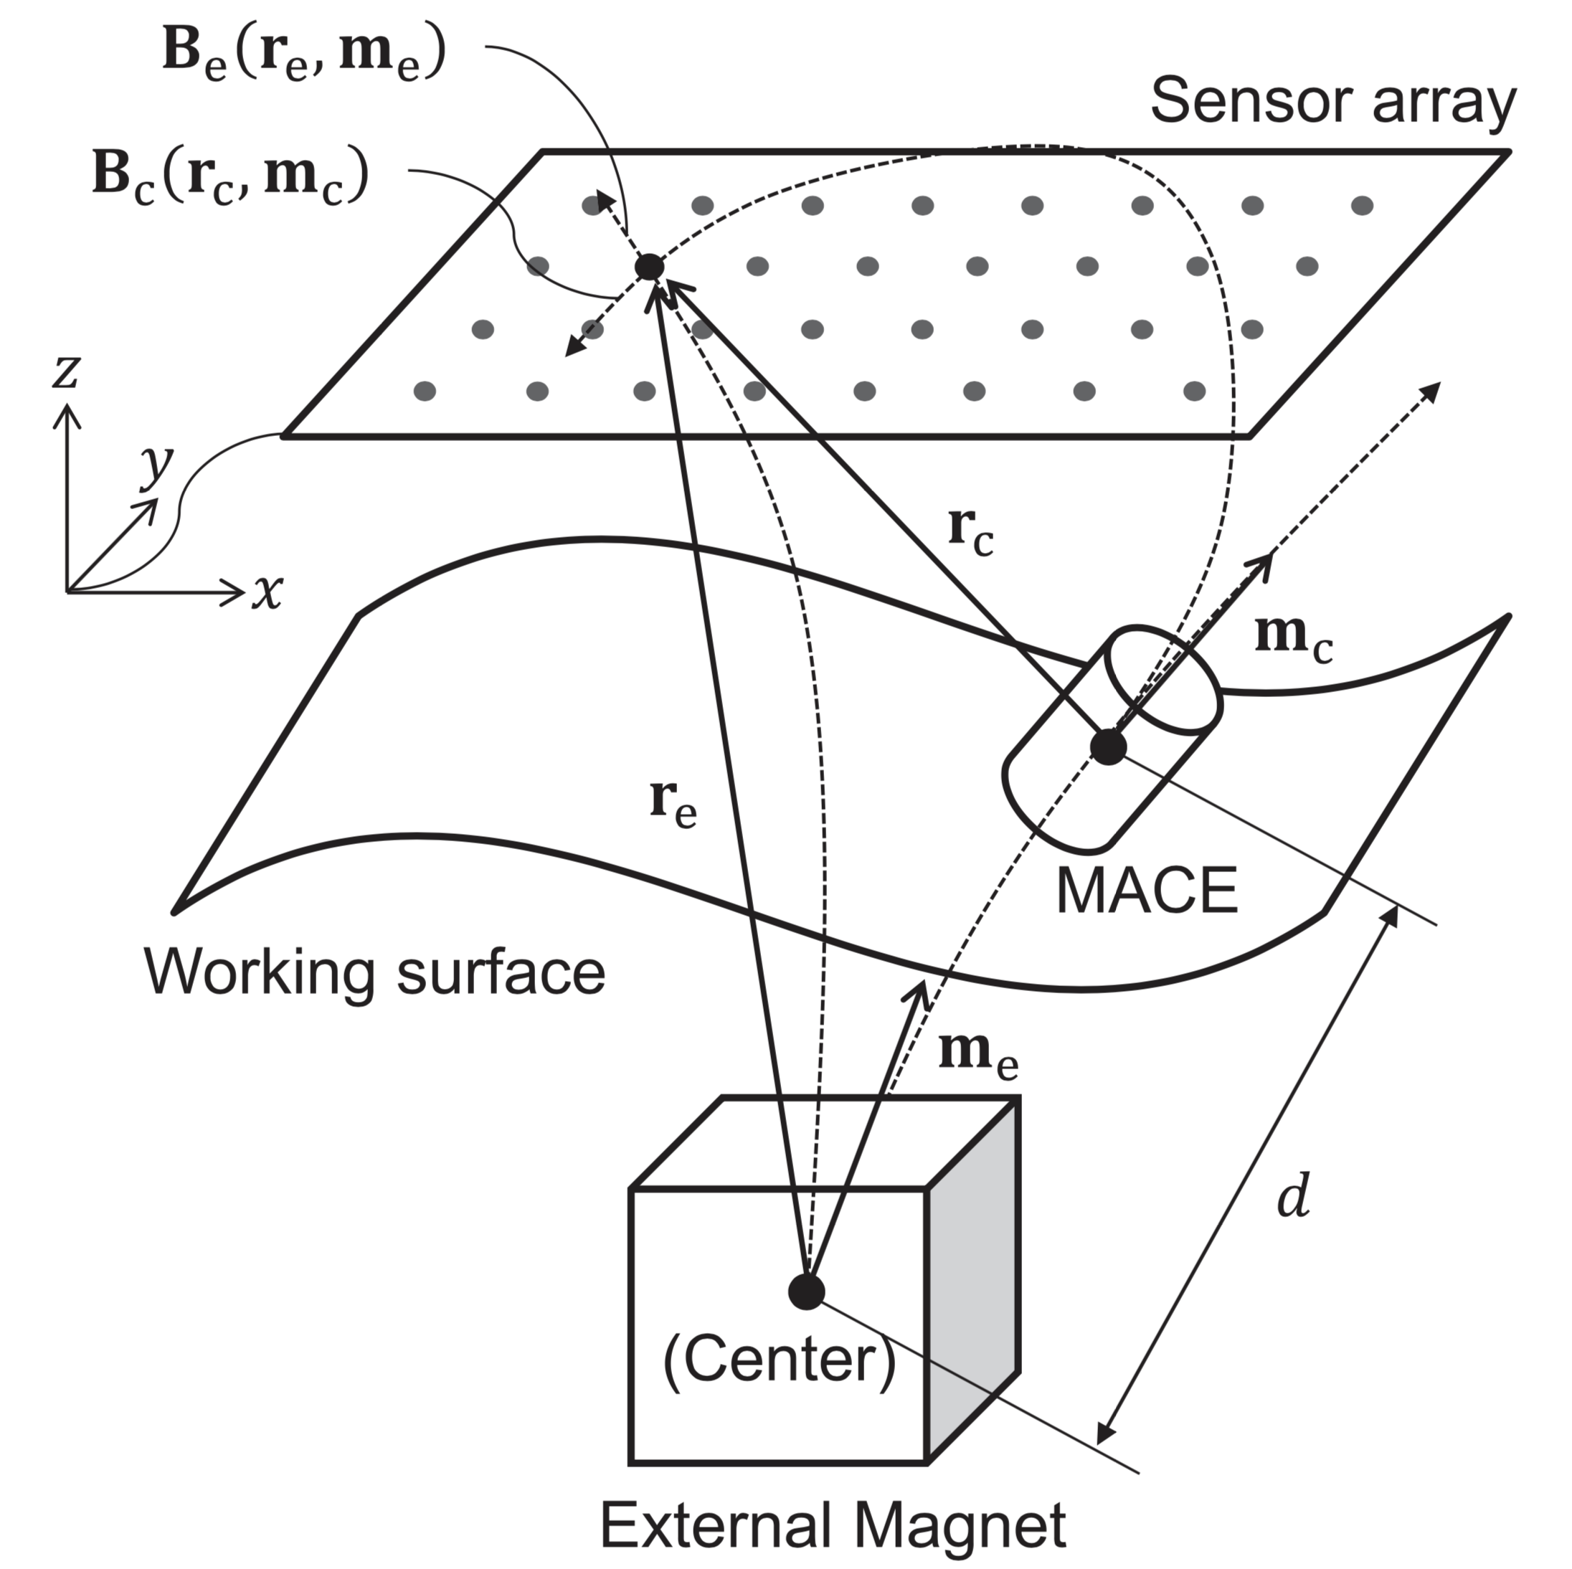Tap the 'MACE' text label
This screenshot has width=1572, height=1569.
1145,891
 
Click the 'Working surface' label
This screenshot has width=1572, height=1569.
375,972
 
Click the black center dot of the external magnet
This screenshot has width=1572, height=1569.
806,1291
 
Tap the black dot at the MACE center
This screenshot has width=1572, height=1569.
1107,746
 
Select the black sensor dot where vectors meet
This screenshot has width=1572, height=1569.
649,266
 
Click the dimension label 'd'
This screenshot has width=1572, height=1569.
1293,1197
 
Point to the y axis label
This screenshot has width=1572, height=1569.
156,465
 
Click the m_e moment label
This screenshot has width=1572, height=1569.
978,1056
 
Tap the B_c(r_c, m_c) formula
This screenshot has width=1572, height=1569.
230,176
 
